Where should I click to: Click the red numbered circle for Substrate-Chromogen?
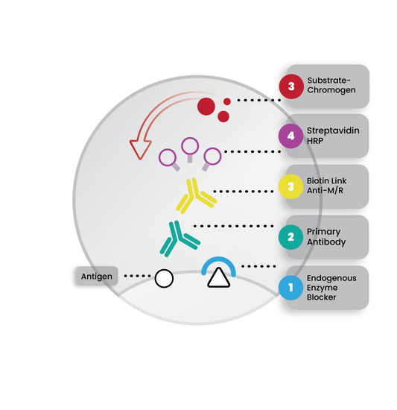point(291,86)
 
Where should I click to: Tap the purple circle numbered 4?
point(290,136)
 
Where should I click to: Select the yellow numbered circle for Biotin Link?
point(290,186)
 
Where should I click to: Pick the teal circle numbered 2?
point(290,237)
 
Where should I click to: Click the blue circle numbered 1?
point(290,288)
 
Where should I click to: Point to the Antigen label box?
point(97,276)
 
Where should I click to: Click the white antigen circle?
point(164,279)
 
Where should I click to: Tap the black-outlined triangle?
point(219,279)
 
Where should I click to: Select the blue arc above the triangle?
point(219,259)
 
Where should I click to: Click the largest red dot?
point(206,107)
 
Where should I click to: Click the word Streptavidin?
point(333,130)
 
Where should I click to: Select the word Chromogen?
point(331,90)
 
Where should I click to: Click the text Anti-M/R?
point(325,190)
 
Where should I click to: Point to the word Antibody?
point(326,242)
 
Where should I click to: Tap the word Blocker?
point(321,297)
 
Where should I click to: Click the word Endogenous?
point(331,278)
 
